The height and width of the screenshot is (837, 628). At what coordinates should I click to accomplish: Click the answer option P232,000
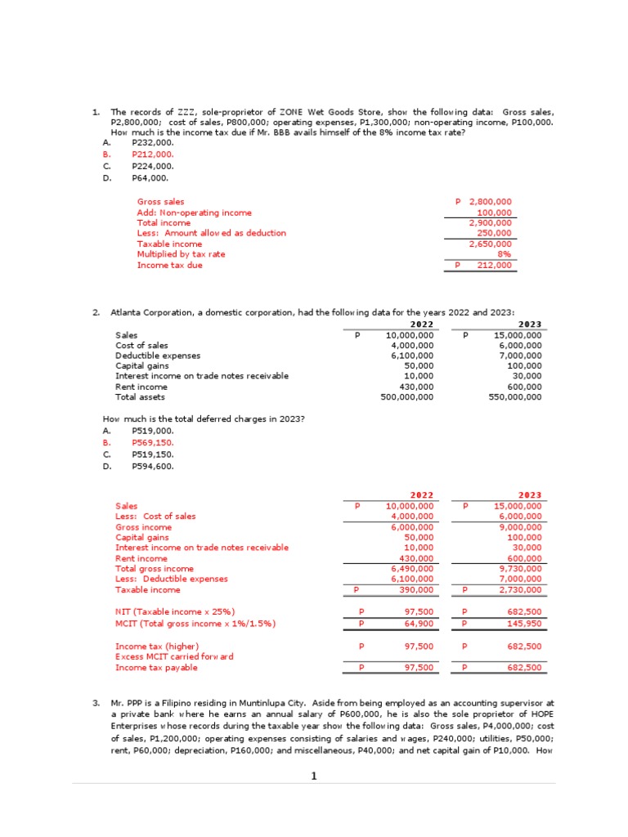(x=152, y=142)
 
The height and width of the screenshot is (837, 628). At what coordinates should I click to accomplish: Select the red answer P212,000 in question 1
(x=152, y=154)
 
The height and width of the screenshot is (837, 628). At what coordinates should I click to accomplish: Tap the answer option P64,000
(x=150, y=177)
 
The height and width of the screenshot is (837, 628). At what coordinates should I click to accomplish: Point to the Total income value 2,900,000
(x=490, y=222)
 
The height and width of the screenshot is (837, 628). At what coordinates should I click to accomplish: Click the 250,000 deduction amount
(x=494, y=233)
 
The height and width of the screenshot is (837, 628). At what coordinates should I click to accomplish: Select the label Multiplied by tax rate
(x=181, y=254)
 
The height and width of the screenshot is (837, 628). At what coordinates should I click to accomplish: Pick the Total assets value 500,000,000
(x=407, y=397)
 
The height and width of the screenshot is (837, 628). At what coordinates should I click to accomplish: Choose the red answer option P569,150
(x=152, y=442)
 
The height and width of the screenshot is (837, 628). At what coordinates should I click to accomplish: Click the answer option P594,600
(x=152, y=466)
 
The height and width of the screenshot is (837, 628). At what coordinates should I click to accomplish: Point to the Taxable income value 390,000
(x=415, y=589)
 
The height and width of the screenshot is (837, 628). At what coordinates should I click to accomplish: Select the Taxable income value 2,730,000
(x=520, y=589)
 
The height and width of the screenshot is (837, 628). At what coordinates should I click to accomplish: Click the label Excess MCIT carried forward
(x=174, y=656)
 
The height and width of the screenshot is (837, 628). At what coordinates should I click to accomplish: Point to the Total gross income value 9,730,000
(x=520, y=568)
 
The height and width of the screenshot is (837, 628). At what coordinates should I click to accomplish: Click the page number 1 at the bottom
(x=313, y=777)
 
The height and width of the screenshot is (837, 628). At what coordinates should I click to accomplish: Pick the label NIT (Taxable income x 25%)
(x=175, y=611)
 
